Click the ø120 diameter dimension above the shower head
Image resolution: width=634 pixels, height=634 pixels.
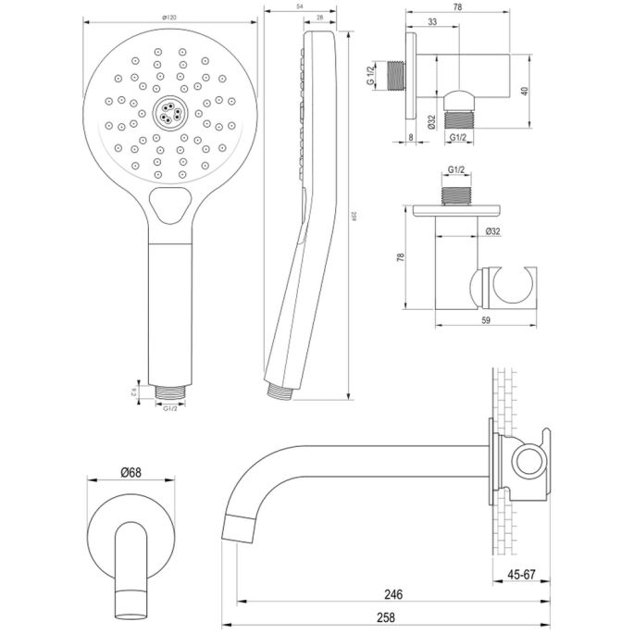(169, 17)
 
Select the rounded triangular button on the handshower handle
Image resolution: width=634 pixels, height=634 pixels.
(169, 205)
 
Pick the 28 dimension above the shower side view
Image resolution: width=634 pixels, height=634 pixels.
(318, 18)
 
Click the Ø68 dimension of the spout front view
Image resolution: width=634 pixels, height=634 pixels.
(131, 473)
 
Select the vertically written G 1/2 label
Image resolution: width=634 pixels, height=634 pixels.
(369, 75)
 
